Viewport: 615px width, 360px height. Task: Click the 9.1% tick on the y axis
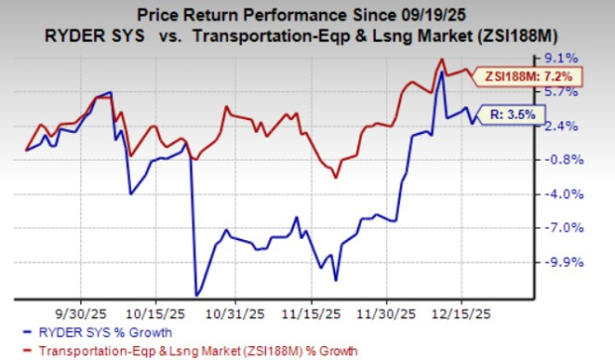click(x=583, y=59)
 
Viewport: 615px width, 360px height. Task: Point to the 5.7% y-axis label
click(x=583, y=92)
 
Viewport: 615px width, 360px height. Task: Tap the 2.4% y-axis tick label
click(x=583, y=126)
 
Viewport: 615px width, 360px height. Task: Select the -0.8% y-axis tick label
click(x=583, y=160)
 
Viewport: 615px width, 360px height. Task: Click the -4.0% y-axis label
click(x=583, y=194)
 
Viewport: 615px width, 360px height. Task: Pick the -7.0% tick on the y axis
click(x=583, y=228)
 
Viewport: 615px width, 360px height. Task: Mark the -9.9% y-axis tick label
click(x=583, y=263)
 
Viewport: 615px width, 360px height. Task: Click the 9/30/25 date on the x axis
click(x=83, y=309)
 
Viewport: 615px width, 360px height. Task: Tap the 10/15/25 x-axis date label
click(x=159, y=309)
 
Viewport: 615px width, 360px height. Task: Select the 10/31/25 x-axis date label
click(x=235, y=309)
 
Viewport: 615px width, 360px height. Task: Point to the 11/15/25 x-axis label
click(x=311, y=309)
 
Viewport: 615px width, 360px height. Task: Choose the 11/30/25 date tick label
click(x=388, y=309)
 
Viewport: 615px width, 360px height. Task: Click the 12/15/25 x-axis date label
click(x=464, y=309)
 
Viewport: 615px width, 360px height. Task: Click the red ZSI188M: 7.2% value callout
click(x=532, y=76)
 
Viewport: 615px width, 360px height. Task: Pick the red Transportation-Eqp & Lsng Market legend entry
click(x=188, y=349)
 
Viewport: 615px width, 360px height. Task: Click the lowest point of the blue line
click(x=197, y=295)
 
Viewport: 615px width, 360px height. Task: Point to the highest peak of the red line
click(x=440, y=60)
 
